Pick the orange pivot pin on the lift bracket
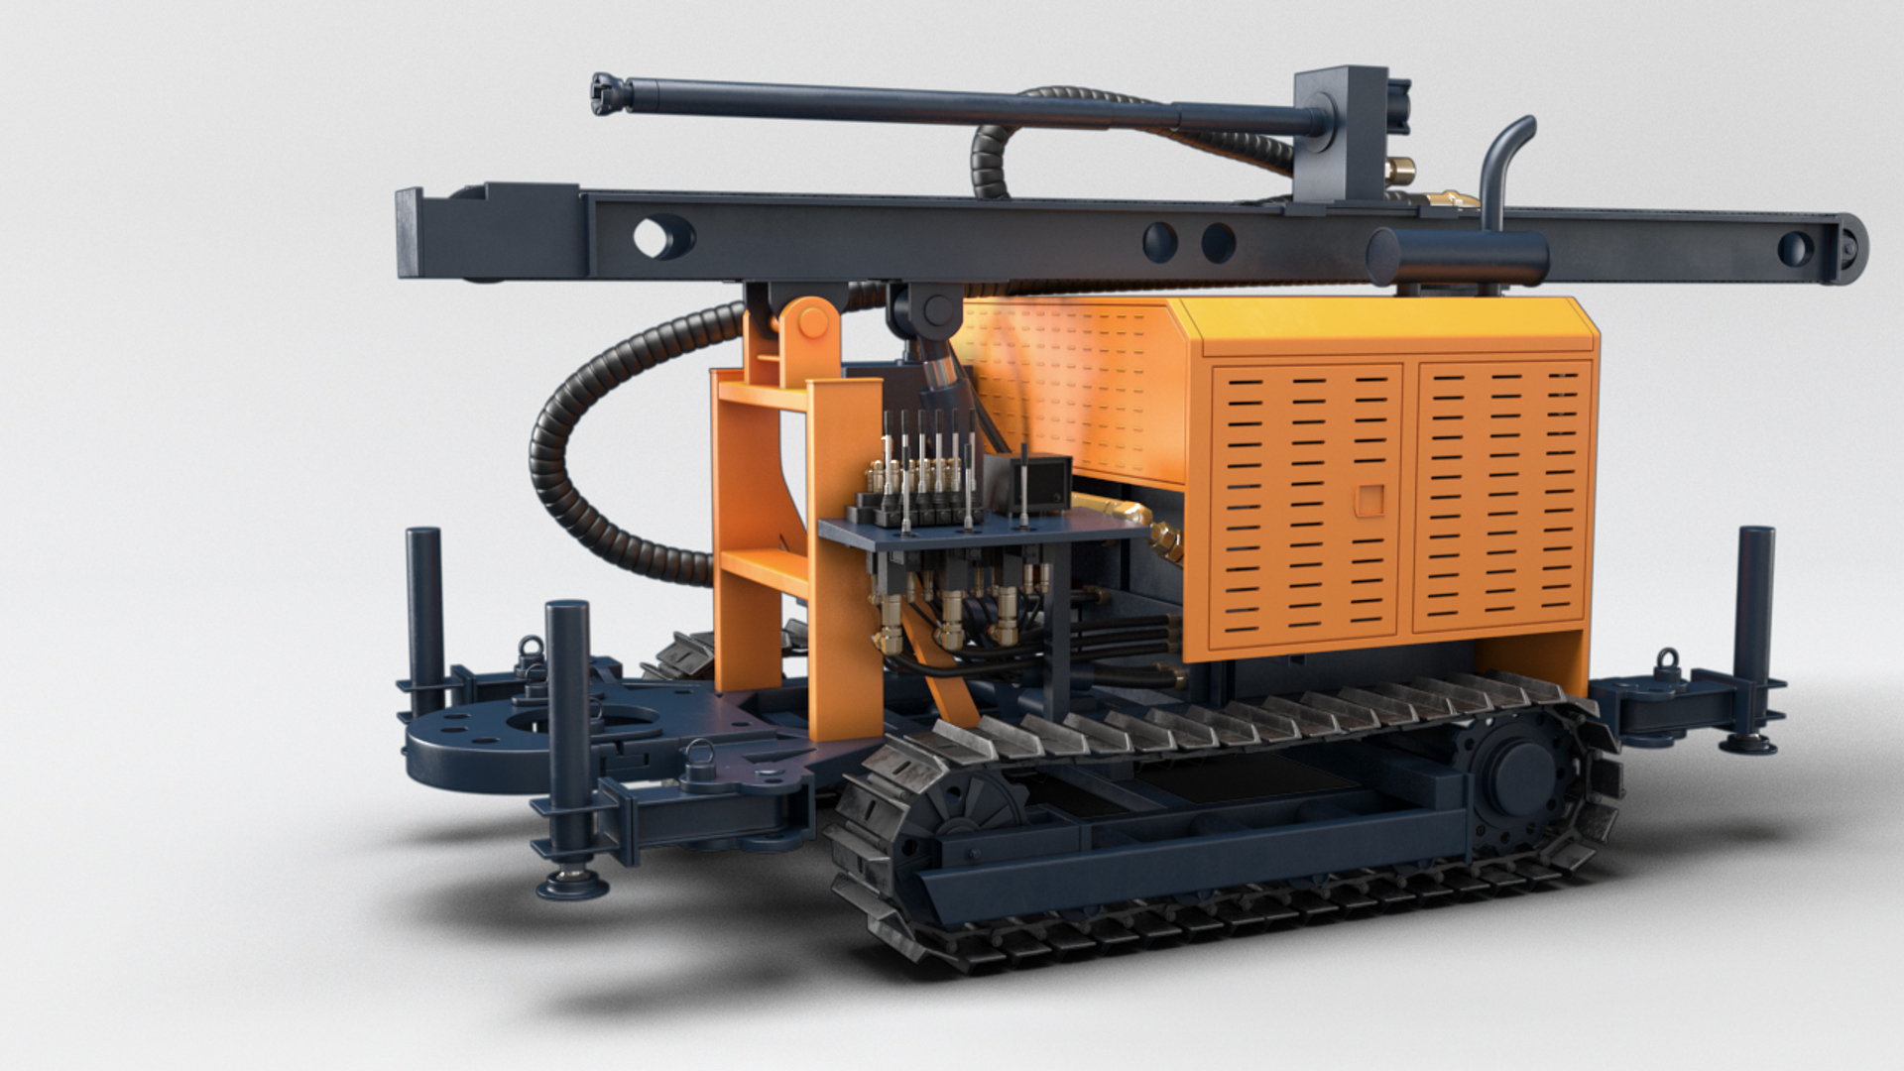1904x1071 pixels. [x=811, y=321]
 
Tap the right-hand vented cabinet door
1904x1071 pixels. [x=1502, y=496]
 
